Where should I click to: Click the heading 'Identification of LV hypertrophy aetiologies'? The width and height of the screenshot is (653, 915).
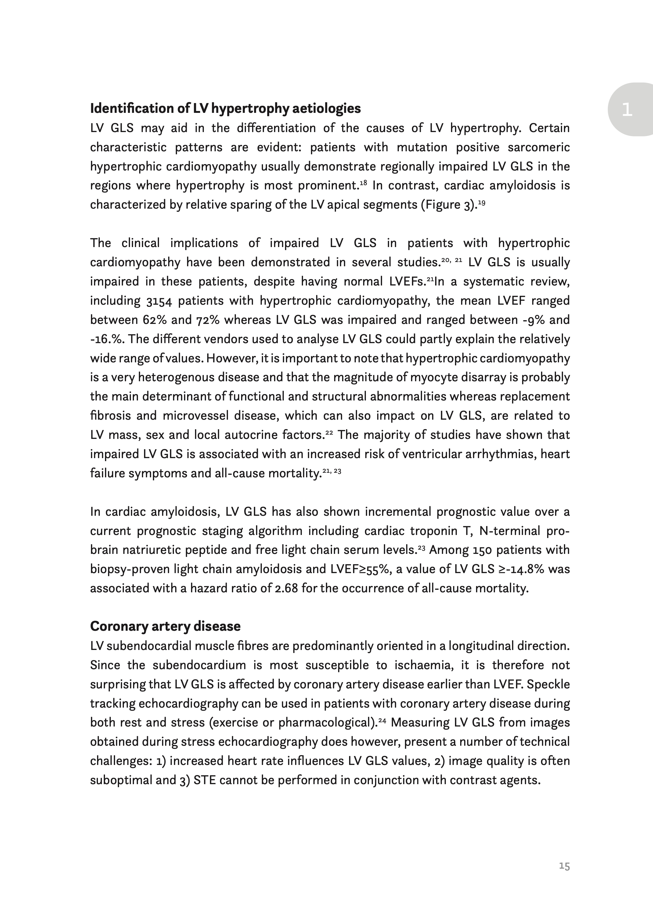point(225,109)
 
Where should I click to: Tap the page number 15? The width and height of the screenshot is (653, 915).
point(564,866)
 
